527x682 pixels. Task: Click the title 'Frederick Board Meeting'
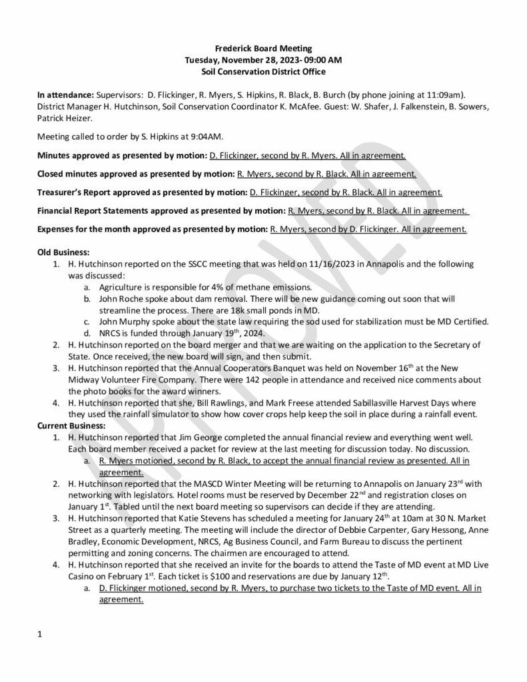(x=263, y=49)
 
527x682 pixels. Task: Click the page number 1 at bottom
(x=40, y=634)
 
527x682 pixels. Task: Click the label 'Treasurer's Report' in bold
(x=74, y=192)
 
